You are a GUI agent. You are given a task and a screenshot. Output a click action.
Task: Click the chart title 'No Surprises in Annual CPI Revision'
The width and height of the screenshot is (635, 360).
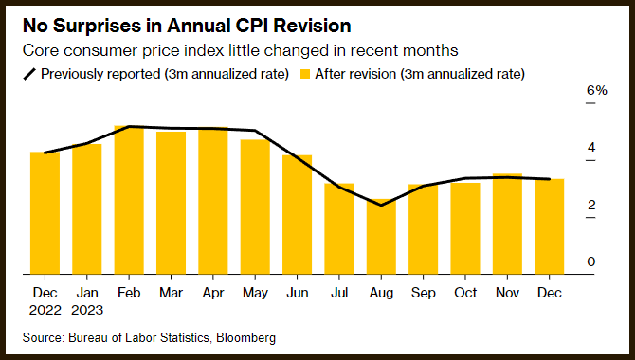(187, 26)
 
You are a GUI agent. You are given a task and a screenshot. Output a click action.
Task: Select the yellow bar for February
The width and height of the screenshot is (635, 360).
(129, 200)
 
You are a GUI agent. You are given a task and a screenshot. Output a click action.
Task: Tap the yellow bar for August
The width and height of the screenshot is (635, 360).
(381, 237)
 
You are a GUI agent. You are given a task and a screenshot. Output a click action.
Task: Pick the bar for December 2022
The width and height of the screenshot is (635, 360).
(45, 213)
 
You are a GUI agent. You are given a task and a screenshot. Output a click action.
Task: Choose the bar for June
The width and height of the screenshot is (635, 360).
(298, 215)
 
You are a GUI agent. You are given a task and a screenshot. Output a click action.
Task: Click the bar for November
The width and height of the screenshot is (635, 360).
(507, 224)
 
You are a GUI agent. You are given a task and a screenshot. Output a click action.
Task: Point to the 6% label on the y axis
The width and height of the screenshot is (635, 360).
(597, 90)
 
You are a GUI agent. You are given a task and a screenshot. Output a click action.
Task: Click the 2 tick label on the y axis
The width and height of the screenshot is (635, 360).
(591, 205)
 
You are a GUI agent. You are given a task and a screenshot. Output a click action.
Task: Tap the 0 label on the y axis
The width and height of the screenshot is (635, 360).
(591, 261)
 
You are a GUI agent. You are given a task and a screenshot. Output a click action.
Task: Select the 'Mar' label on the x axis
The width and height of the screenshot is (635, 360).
(171, 293)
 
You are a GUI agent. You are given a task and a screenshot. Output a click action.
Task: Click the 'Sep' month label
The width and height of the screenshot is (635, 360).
(424, 293)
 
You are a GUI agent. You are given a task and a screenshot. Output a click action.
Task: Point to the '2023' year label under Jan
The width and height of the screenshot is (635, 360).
(87, 310)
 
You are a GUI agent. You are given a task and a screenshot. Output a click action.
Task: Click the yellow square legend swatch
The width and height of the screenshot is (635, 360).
(305, 74)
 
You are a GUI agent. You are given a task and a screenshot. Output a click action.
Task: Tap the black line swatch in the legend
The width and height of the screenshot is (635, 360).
(30, 74)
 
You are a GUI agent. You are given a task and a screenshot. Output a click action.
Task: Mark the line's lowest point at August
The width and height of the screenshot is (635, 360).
(381, 206)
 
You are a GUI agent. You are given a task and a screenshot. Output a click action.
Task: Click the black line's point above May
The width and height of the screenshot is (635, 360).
(255, 131)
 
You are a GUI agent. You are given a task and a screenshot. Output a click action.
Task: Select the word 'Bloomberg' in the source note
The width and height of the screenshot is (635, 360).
(245, 337)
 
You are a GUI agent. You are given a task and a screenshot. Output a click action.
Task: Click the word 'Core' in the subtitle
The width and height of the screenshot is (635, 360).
(41, 50)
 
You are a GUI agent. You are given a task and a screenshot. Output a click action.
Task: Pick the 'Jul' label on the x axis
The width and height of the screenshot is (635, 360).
(339, 293)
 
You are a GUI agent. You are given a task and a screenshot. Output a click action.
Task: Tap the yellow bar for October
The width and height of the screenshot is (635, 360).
(465, 229)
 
